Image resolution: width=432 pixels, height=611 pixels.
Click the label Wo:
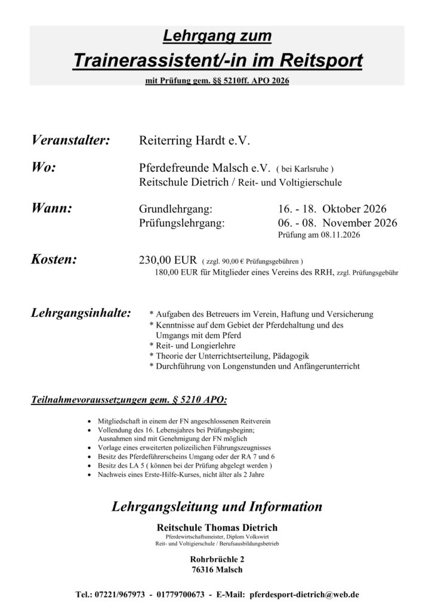(x=43, y=167)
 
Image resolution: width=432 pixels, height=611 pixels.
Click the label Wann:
(x=51, y=209)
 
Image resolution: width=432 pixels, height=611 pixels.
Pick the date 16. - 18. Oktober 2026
(x=332, y=209)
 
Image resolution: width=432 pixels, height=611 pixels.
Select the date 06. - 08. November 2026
(x=337, y=223)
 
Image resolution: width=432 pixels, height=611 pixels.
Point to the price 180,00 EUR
(x=179, y=273)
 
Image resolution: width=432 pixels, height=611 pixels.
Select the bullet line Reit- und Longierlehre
(x=193, y=345)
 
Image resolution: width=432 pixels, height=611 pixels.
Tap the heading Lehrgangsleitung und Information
(x=217, y=507)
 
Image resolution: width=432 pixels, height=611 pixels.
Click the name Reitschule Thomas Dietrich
(x=216, y=527)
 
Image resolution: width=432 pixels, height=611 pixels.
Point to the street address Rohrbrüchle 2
(x=216, y=560)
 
